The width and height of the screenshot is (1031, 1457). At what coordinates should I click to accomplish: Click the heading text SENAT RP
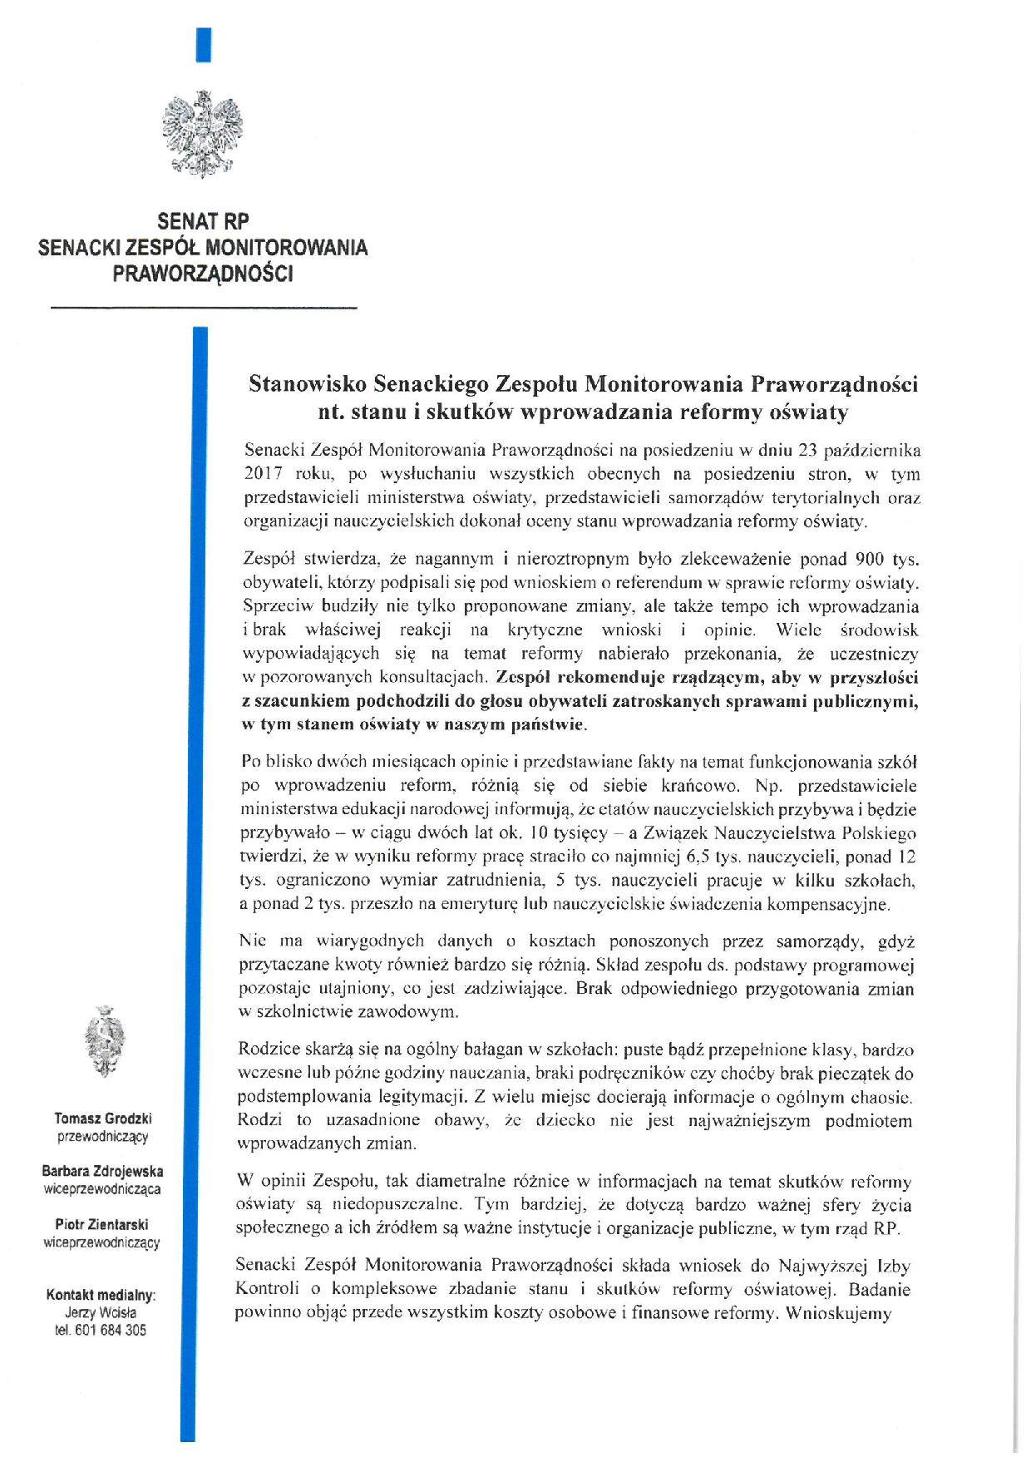pos(204,222)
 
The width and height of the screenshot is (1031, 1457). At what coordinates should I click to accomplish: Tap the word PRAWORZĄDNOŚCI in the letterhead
pos(204,274)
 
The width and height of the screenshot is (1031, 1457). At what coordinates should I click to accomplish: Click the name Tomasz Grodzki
pos(103,1119)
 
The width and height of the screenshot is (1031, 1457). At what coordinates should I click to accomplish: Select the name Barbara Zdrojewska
pos(102,1172)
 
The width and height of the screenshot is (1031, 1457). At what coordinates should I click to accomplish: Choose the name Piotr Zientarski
pos(102,1225)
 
